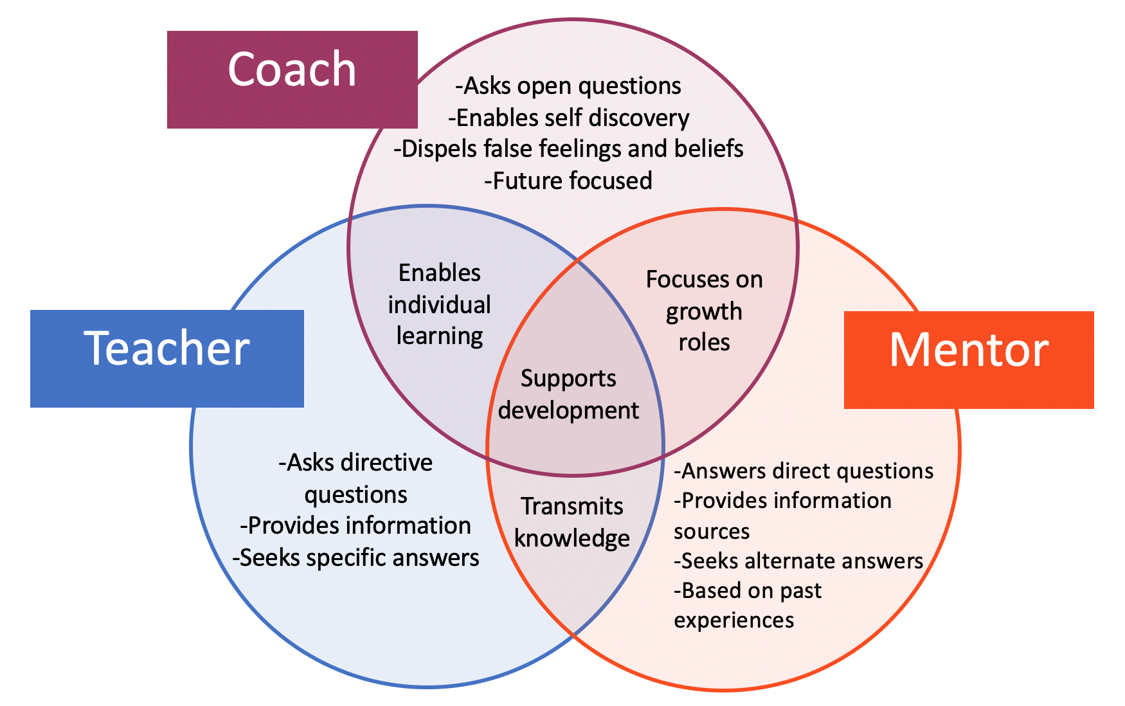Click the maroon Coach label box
[x=292, y=79]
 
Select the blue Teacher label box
[x=166, y=358]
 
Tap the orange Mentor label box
[x=968, y=359]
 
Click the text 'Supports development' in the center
[x=568, y=394]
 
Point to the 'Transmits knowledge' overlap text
[x=572, y=522]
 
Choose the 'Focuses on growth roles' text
[x=704, y=311]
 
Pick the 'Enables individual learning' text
[x=440, y=304]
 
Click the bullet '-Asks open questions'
[x=568, y=86]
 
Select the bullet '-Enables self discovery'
[x=568, y=118]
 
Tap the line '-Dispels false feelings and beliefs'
[x=568, y=149]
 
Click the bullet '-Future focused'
[x=568, y=181]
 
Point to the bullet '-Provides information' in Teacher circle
[x=355, y=525]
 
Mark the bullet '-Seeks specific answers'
[x=355, y=557]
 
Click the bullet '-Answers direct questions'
[x=804, y=471]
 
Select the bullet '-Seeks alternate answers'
[x=798, y=561]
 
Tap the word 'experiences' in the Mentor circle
[x=734, y=620]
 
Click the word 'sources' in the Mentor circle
[x=712, y=531]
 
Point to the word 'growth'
[x=704, y=312]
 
